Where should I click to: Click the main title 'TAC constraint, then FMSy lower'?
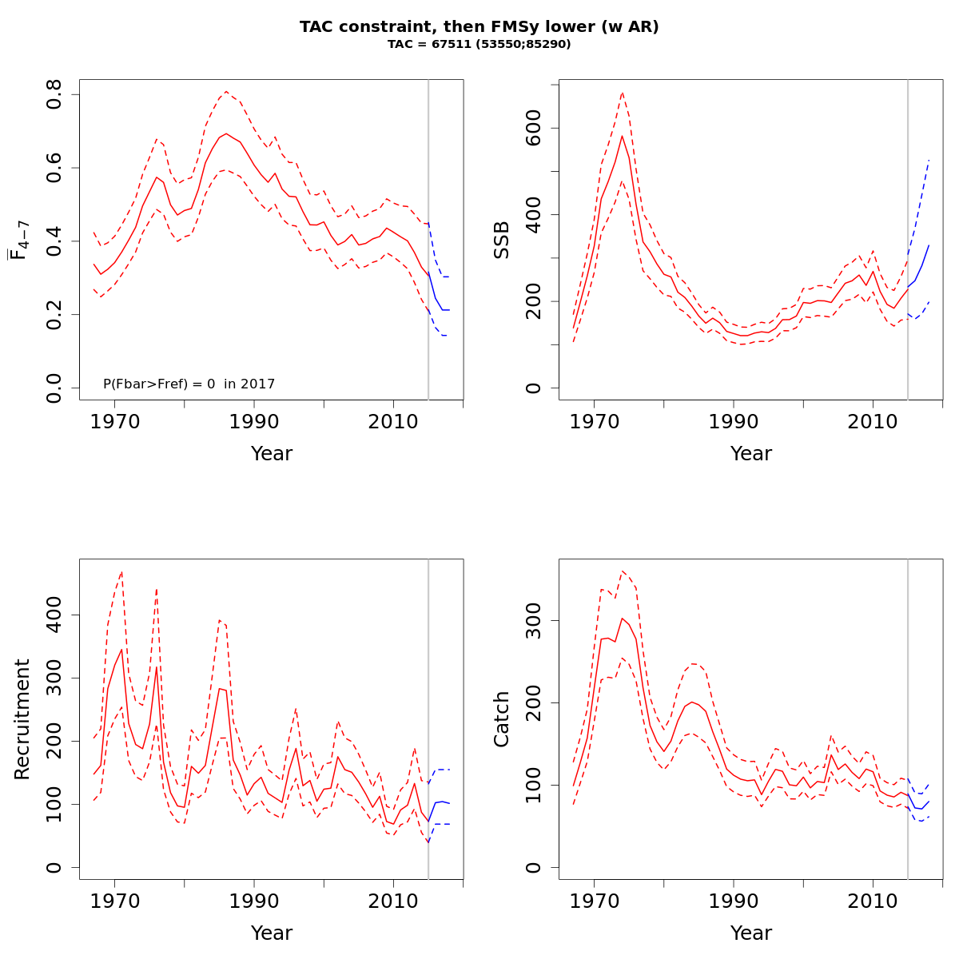pos(479,27)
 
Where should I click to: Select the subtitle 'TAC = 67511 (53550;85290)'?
pos(479,45)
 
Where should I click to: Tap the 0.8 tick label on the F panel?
pos(55,95)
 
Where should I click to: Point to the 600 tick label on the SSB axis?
pos(535,129)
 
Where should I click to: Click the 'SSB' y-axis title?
pos(502,240)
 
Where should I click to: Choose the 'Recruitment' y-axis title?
pos(22,719)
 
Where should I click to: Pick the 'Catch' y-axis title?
pos(502,719)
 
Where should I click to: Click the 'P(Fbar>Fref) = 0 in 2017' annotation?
pos(189,384)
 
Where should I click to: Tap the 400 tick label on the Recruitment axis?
pos(55,615)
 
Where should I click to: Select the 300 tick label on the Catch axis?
pos(535,621)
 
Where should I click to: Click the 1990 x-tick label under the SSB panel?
pos(734,421)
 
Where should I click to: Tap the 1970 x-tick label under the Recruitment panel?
pos(114,901)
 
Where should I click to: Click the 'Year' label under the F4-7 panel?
pos(272,454)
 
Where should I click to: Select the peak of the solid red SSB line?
pos(622,136)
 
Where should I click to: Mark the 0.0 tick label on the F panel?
pos(55,388)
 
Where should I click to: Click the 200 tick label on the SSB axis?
pos(535,301)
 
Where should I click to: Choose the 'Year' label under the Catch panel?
pos(751,933)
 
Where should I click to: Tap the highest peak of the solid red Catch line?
pos(622,618)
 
